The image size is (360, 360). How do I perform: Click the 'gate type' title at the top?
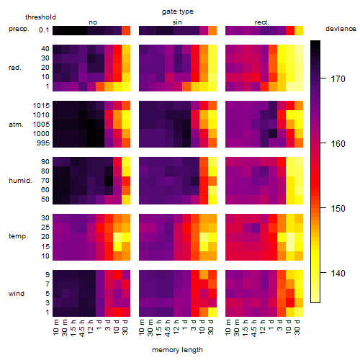click(x=178, y=12)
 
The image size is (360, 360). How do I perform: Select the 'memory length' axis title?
click(x=177, y=350)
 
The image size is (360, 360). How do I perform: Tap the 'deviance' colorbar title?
click(x=341, y=29)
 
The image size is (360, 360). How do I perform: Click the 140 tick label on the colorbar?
click(x=338, y=273)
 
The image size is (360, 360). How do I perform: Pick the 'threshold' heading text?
click(x=40, y=17)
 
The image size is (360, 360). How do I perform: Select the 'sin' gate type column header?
click(x=177, y=22)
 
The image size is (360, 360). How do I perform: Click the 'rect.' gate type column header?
click(x=262, y=22)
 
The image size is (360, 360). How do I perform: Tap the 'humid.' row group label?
click(x=20, y=181)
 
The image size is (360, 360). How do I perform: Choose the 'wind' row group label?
click(x=17, y=294)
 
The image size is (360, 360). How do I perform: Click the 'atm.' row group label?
click(x=16, y=125)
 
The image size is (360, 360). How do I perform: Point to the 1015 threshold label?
click(x=41, y=106)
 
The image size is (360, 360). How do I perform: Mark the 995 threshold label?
click(x=43, y=143)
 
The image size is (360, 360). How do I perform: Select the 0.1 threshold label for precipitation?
click(x=44, y=30)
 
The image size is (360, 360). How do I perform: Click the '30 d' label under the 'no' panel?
click(x=125, y=327)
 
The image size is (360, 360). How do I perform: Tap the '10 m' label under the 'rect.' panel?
click(x=228, y=327)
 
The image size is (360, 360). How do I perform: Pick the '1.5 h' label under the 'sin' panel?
click(x=160, y=328)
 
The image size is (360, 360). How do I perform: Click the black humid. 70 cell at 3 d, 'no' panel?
click(x=109, y=181)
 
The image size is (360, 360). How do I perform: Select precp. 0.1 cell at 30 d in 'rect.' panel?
click(x=299, y=30)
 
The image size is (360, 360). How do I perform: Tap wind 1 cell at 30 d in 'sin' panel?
click(x=212, y=312)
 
